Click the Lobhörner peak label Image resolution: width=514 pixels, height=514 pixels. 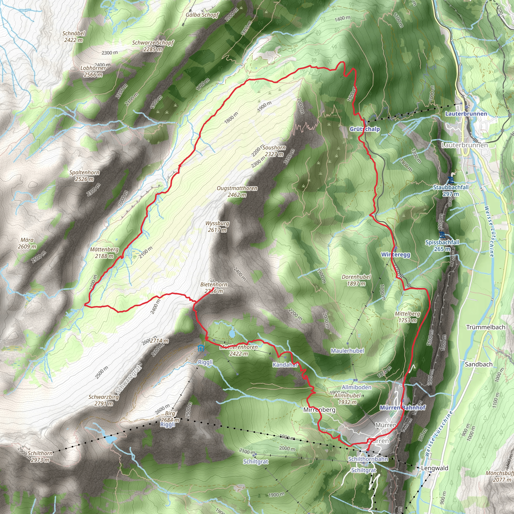pyautogui.click(x=93, y=71)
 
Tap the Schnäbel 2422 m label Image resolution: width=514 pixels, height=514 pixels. pyautogui.click(x=74, y=37)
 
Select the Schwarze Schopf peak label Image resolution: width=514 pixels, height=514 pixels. pyautogui.click(x=153, y=46)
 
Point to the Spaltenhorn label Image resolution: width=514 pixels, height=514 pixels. pyautogui.click(x=84, y=176)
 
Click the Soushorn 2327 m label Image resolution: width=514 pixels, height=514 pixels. pyautogui.click(x=274, y=151)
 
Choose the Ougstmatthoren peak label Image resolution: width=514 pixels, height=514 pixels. pyautogui.click(x=237, y=191)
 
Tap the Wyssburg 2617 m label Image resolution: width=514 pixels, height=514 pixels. pyautogui.click(x=217, y=226)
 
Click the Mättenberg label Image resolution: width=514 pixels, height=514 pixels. pyautogui.click(x=104, y=252)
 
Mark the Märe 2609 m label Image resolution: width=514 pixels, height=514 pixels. pyautogui.click(x=27, y=243)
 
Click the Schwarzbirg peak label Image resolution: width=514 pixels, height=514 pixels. pyautogui.click(x=104, y=400)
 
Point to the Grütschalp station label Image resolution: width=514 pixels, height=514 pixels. pyautogui.click(x=364, y=129)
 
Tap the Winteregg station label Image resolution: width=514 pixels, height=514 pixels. pyautogui.click(x=396, y=254)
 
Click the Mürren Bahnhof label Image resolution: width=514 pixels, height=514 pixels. pyautogui.click(x=403, y=408)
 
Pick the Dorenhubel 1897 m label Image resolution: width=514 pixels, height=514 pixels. pyautogui.click(x=356, y=280)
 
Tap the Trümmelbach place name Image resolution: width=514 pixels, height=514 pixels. pyautogui.click(x=486, y=327)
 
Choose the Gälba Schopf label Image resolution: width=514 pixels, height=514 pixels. pyautogui.click(x=202, y=15)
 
